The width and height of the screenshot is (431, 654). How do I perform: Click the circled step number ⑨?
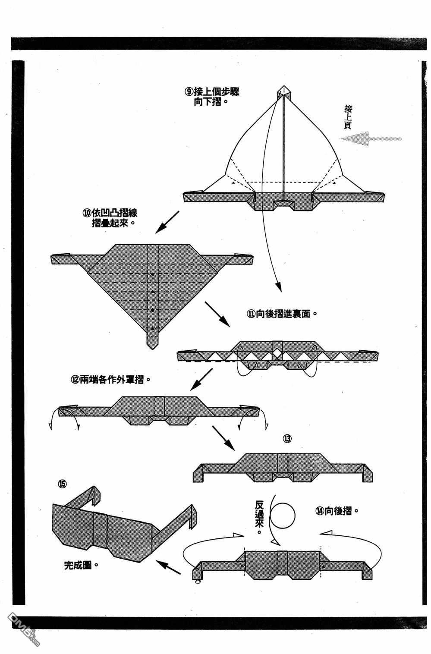[x=189, y=91]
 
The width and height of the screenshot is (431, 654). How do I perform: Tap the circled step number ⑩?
[x=87, y=213]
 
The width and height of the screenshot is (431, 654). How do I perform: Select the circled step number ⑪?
[x=251, y=314]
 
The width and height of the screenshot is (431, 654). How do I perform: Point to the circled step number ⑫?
[x=75, y=380]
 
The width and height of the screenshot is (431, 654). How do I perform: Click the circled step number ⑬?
[x=287, y=439]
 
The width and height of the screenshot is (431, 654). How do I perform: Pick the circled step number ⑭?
[x=320, y=511]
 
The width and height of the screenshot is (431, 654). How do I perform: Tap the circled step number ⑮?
[x=62, y=484]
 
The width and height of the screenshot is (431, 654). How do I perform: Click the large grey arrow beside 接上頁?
[x=370, y=139]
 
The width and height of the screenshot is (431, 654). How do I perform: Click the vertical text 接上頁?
[x=348, y=116]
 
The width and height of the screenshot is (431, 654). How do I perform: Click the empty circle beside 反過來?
[x=283, y=515]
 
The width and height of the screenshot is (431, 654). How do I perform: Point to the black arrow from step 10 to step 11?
[x=217, y=313]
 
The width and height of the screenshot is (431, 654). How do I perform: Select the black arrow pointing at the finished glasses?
[x=168, y=567]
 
